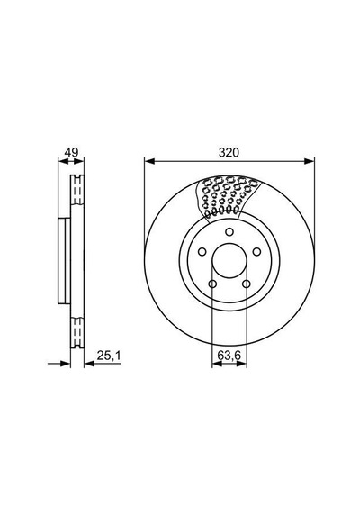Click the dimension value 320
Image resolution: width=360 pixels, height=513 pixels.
(229, 152)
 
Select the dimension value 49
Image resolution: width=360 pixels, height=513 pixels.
(71, 152)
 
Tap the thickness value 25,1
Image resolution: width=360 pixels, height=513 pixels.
(109, 355)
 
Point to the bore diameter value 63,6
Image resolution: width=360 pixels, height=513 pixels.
(229, 355)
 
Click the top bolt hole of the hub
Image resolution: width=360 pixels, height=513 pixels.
(229, 232)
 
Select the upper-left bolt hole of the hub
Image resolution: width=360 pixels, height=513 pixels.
(202, 252)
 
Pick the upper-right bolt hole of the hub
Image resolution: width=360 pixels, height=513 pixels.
(256, 252)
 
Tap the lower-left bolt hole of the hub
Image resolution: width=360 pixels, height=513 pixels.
(212, 283)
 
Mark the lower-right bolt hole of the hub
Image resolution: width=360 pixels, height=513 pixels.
(247, 283)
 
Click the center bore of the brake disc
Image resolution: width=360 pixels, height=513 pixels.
(229, 261)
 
